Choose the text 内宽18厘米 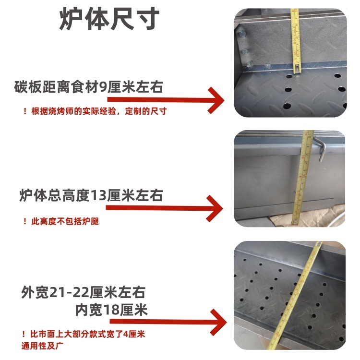click(111, 310)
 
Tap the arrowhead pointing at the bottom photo click(218, 321)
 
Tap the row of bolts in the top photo click(245, 48)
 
